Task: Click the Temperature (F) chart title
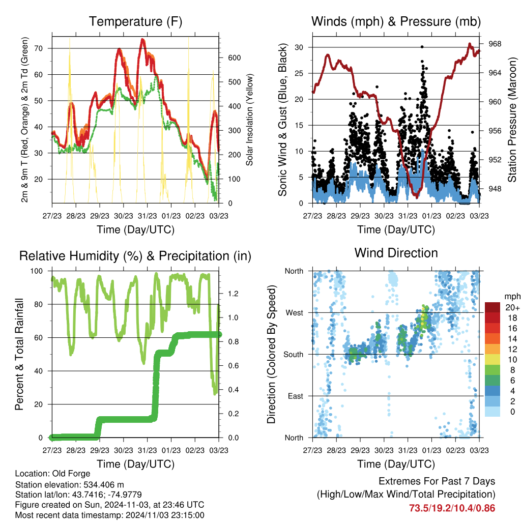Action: (135, 21)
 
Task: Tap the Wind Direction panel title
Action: (396, 253)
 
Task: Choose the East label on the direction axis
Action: (295, 396)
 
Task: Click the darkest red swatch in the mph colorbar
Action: (493, 308)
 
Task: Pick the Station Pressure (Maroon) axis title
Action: (512, 120)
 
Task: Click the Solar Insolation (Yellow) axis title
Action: (250, 120)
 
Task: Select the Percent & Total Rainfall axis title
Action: (19, 354)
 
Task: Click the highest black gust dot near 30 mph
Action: (422, 47)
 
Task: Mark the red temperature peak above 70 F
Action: (143, 40)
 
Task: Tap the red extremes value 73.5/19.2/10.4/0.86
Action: (452, 508)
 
